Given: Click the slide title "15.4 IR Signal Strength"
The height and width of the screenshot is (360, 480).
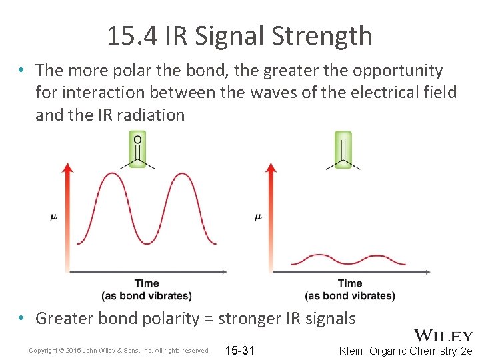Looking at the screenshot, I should click(239, 35).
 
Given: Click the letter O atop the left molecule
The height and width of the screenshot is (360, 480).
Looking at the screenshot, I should click(137, 139).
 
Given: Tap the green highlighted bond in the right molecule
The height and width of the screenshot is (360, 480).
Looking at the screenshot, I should click(344, 150).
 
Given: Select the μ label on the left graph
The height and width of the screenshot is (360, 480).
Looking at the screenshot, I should click(54, 217).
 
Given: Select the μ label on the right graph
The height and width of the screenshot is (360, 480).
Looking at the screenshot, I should click(258, 217).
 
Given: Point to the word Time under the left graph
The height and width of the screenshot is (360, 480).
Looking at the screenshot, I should click(147, 284).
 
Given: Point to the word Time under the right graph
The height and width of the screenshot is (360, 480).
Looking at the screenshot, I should click(350, 284).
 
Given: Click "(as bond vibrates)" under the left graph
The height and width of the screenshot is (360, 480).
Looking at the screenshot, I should click(147, 295).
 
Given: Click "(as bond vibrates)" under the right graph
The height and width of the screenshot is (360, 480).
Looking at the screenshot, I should click(350, 295).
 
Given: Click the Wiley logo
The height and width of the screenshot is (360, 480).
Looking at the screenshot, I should click(443, 336).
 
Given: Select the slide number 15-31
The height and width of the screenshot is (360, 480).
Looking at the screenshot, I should click(240, 350).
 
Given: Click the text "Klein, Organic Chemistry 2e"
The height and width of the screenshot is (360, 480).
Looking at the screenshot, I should click(405, 350).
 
